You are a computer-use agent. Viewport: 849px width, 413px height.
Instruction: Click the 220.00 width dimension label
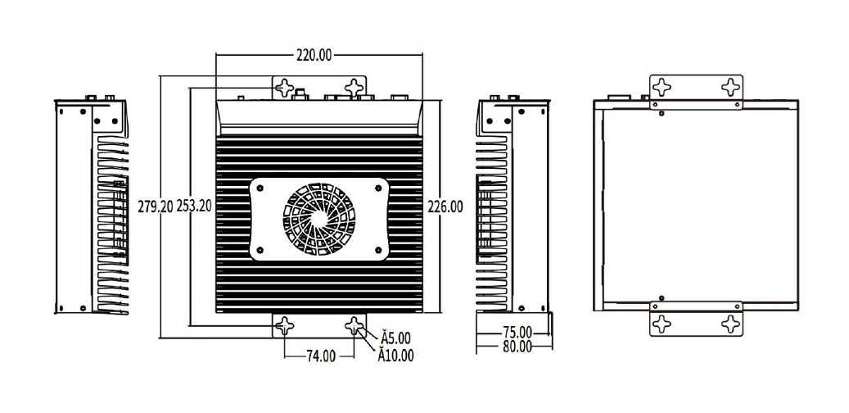314,55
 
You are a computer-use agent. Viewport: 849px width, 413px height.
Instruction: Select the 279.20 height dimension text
156,206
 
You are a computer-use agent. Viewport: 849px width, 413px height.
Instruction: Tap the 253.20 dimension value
194,206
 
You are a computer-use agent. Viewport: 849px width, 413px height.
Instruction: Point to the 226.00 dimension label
445,206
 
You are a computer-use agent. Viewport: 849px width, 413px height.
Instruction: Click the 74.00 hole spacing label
321,356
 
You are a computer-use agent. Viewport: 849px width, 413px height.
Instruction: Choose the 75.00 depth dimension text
517,332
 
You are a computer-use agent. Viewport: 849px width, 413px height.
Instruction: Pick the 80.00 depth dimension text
517,347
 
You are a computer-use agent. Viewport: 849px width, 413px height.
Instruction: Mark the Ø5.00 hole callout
395,338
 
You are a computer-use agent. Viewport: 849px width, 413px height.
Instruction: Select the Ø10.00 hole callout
395,356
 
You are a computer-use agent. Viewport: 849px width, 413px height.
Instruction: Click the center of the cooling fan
319,219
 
